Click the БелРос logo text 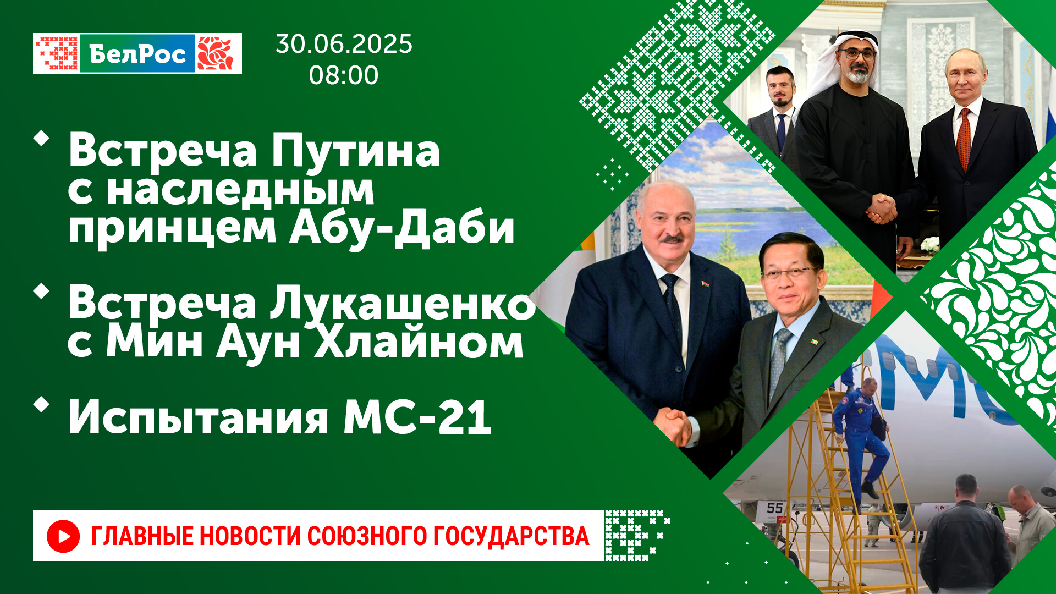pyautogui.click(x=137, y=54)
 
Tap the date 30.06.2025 pyautogui.click(x=344, y=44)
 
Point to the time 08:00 pyautogui.click(x=344, y=75)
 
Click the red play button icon pyautogui.click(x=63, y=536)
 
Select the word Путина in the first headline pyautogui.click(x=355, y=151)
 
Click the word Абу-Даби pyautogui.click(x=402, y=227)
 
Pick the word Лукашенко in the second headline pyautogui.click(x=403, y=304)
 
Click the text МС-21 pyautogui.click(x=417, y=417)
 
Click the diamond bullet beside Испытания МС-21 pyautogui.click(x=41, y=405)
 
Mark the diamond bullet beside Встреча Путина pyautogui.click(x=41, y=138)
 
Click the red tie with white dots pyautogui.click(x=964, y=140)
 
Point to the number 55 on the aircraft pyautogui.click(x=774, y=508)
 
